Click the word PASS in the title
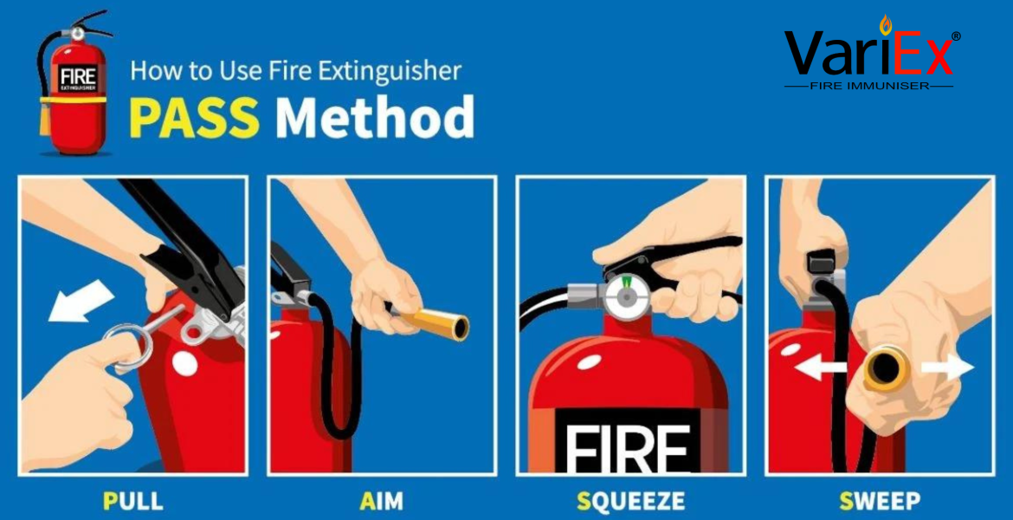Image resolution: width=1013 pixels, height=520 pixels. (195, 118)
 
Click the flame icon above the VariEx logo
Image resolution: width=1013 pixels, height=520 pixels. (885, 25)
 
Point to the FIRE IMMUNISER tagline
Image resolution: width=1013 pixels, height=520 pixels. (869, 86)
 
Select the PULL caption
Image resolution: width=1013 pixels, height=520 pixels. (133, 501)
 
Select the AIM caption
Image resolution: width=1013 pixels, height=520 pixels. (381, 501)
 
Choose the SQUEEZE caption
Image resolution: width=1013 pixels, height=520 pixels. (630, 501)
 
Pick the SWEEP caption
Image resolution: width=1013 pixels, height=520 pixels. (880, 501)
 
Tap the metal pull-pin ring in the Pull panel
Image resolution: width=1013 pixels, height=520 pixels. (127, 347)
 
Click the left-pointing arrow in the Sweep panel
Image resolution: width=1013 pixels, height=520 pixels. (820, 368)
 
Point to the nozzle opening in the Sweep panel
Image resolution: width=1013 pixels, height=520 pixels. (886, 368)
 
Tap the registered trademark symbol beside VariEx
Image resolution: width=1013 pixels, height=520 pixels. (956, 36)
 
